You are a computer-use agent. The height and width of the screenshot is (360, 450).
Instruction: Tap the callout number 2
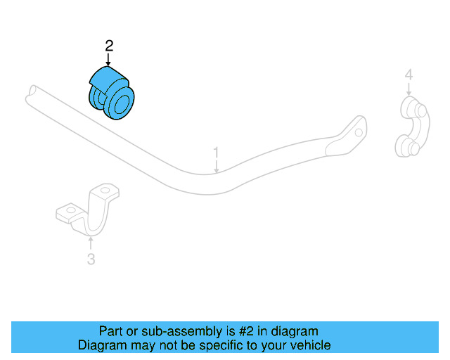[109, 46]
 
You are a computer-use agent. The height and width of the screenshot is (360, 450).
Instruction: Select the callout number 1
[217, 152]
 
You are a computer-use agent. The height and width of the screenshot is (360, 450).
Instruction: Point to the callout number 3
[91, 259]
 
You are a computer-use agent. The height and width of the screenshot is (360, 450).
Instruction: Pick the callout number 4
[409, 75]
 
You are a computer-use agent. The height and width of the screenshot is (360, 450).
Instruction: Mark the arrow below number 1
[217, 166]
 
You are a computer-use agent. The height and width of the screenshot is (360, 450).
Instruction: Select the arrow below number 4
[409, 89]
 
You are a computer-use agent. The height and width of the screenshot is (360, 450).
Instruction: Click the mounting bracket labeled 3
[89, 211]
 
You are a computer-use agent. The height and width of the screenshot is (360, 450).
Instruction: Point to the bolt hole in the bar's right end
[359, 131]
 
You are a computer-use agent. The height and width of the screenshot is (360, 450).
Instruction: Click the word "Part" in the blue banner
[111, 331]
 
